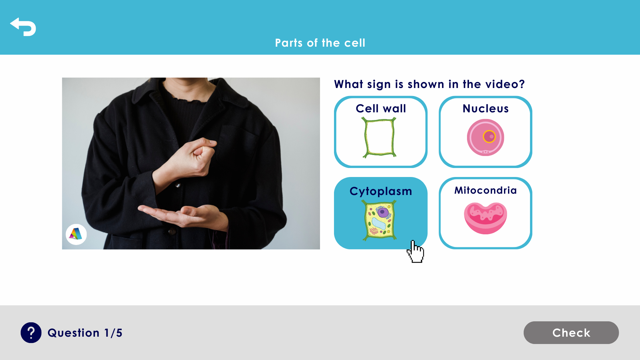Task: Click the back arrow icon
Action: tap(23, 27)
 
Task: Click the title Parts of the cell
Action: tap(320, 43)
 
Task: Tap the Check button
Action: tap(571, 333)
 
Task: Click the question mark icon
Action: tap(31, 333)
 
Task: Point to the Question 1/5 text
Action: tap(85, 333)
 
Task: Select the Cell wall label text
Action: tap(381, 109)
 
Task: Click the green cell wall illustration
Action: tap(380, 137)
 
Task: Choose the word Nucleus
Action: tap(485, 109)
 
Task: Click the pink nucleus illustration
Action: tap(485, 137)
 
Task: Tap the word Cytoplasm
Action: tap(381, 191)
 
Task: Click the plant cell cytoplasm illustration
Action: tap(380, 220)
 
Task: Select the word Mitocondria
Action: tap(485, 190)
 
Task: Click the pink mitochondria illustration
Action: tap(485, 218)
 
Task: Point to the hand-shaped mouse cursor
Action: tap(415, 252)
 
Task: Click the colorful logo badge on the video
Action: tap(76, 234)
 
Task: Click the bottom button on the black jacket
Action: tap(172, 231)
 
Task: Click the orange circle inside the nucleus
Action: tap(489, 136)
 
